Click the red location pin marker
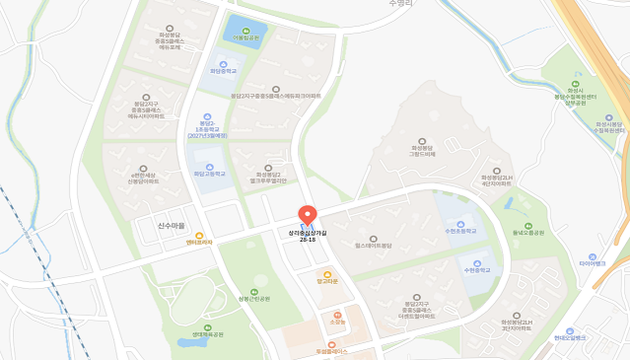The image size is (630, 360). [x=307, y=216]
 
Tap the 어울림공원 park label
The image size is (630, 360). [x=245, y=38]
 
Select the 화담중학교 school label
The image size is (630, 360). [x=224, y=71]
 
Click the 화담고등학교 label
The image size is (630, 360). [x=208, y=174]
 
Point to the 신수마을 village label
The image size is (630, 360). [x=171, y=226]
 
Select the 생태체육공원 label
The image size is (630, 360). [x=207, y=334]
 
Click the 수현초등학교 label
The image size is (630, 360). [x=461, y=231]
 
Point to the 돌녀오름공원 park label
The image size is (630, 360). [x=528, y=232]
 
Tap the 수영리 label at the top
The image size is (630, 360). [x=400, y=4]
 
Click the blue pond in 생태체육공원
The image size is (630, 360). [x=187, y=342]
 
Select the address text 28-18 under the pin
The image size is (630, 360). [x=308, y=240]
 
